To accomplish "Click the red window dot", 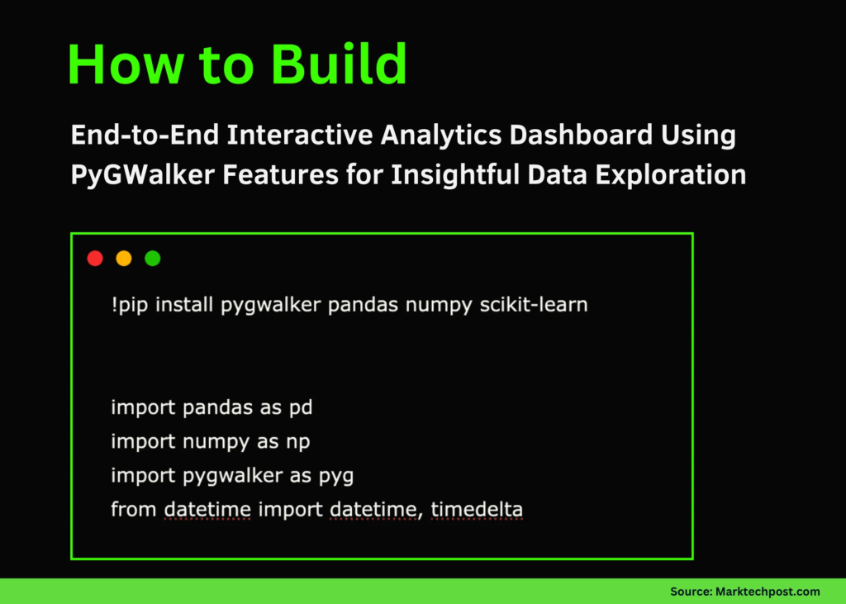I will click(x=95, y=259).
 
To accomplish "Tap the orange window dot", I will click(x=124, y=259).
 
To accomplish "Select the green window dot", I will click(x=153, y=259).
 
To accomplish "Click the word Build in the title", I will click(x=335, y=64).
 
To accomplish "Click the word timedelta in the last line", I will click(x=477, y=510).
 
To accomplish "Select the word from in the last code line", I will click(x=134, y=510).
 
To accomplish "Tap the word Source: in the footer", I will click(x=687, y=592).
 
